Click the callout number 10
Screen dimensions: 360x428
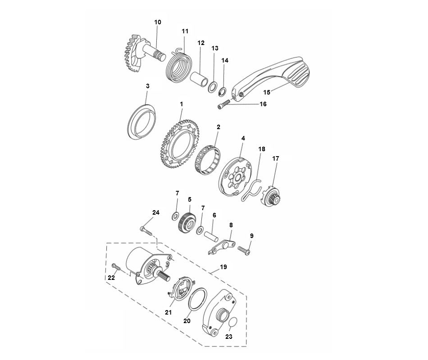coord(157,22)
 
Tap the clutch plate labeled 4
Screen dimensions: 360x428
coord(234,178)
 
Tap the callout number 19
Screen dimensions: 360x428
coord(223,267)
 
